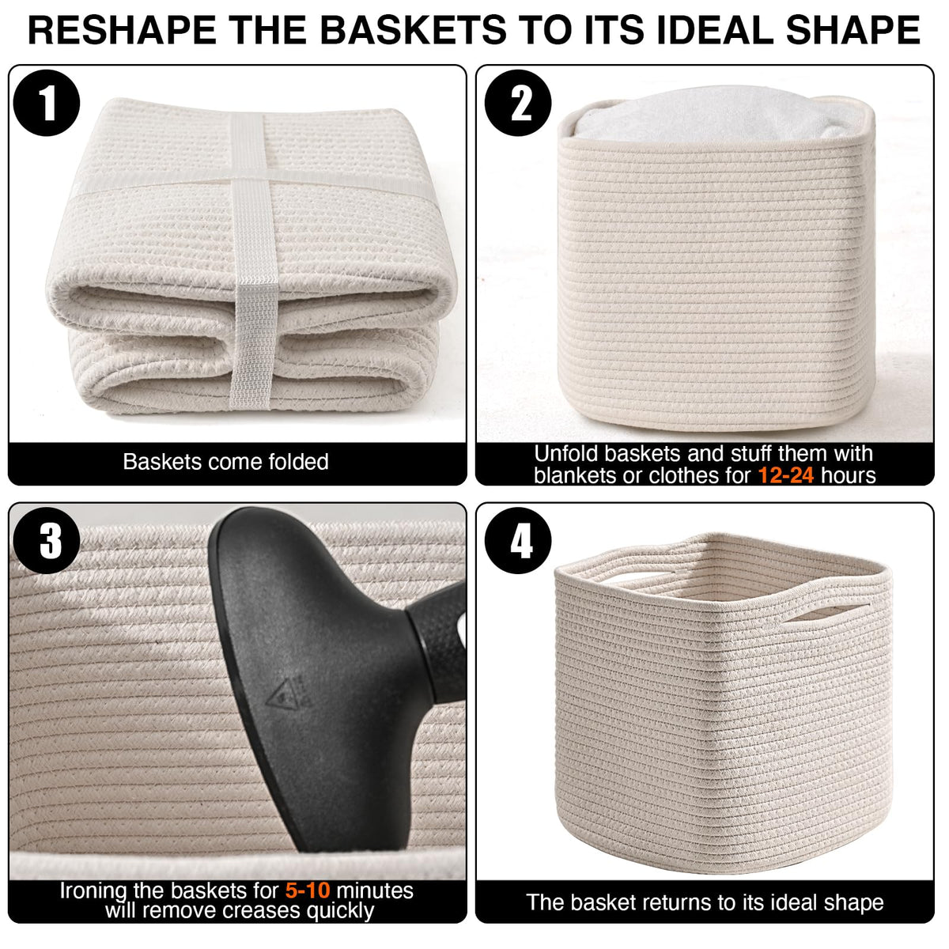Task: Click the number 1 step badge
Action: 47,103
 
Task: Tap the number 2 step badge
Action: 518,103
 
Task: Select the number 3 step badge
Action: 47,540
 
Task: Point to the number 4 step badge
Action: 518,540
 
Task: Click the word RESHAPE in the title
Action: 122,30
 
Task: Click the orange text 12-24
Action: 785,476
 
